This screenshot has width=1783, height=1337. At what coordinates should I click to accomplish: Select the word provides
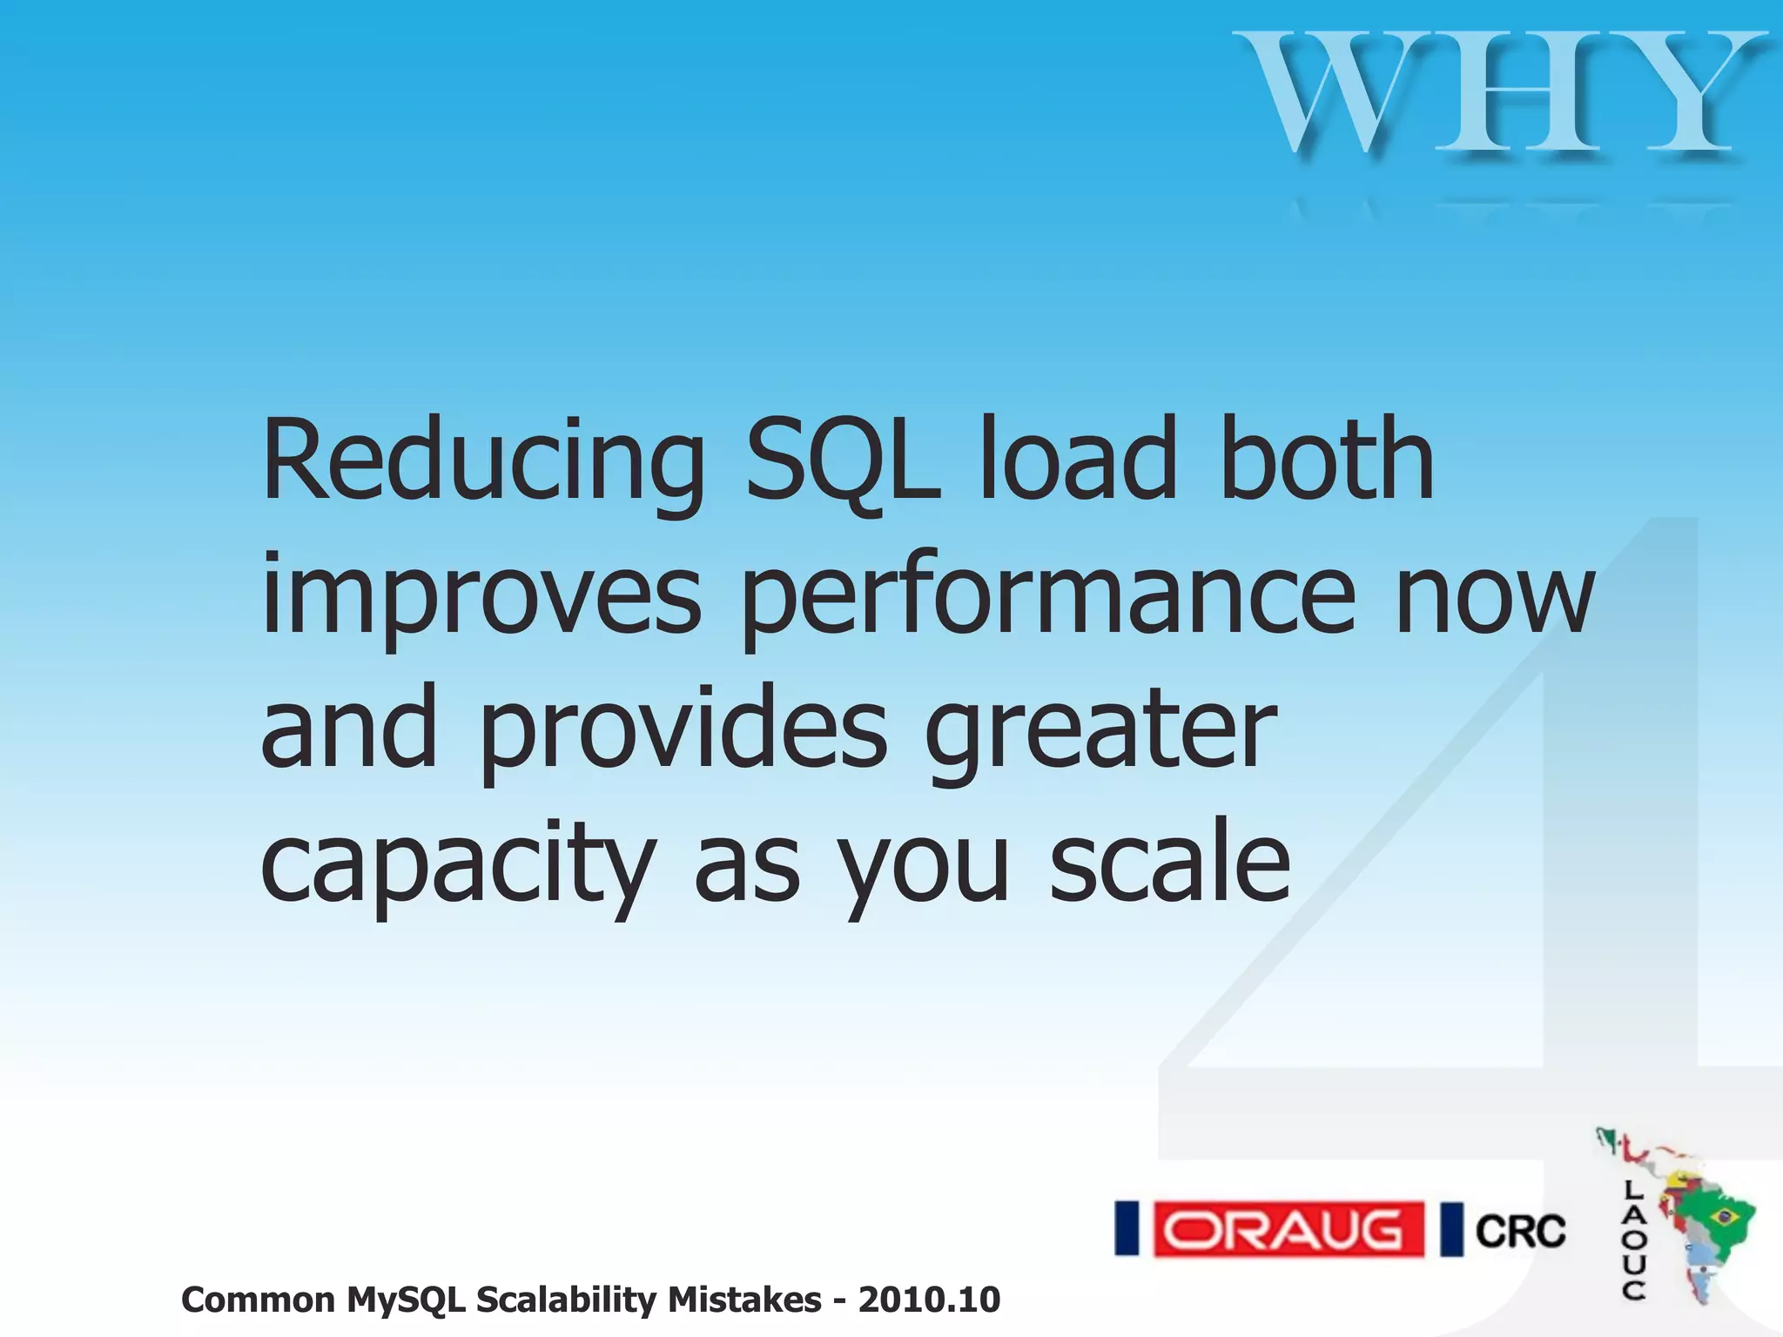click(x=683, y=731)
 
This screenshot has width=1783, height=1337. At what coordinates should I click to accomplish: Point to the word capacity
click(x=458, y=866)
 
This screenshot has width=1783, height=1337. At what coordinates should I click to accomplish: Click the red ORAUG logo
click(x=1288, y=1229)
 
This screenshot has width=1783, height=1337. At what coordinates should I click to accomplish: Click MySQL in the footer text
click(x=408, y=1300)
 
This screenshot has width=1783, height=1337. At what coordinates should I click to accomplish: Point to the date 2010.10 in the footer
click(x=929, y=1300)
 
